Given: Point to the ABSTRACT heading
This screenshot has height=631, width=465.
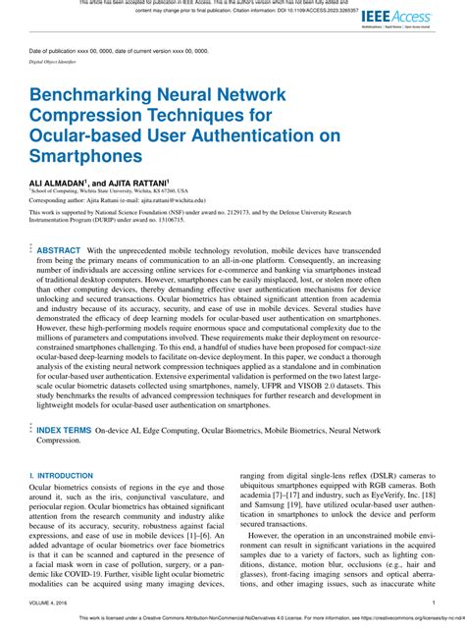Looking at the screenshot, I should (x=59, y=250).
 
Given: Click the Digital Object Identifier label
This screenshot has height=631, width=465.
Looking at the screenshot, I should (x=54, y=60).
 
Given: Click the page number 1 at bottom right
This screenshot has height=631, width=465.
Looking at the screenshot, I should (x=432, y=604).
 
